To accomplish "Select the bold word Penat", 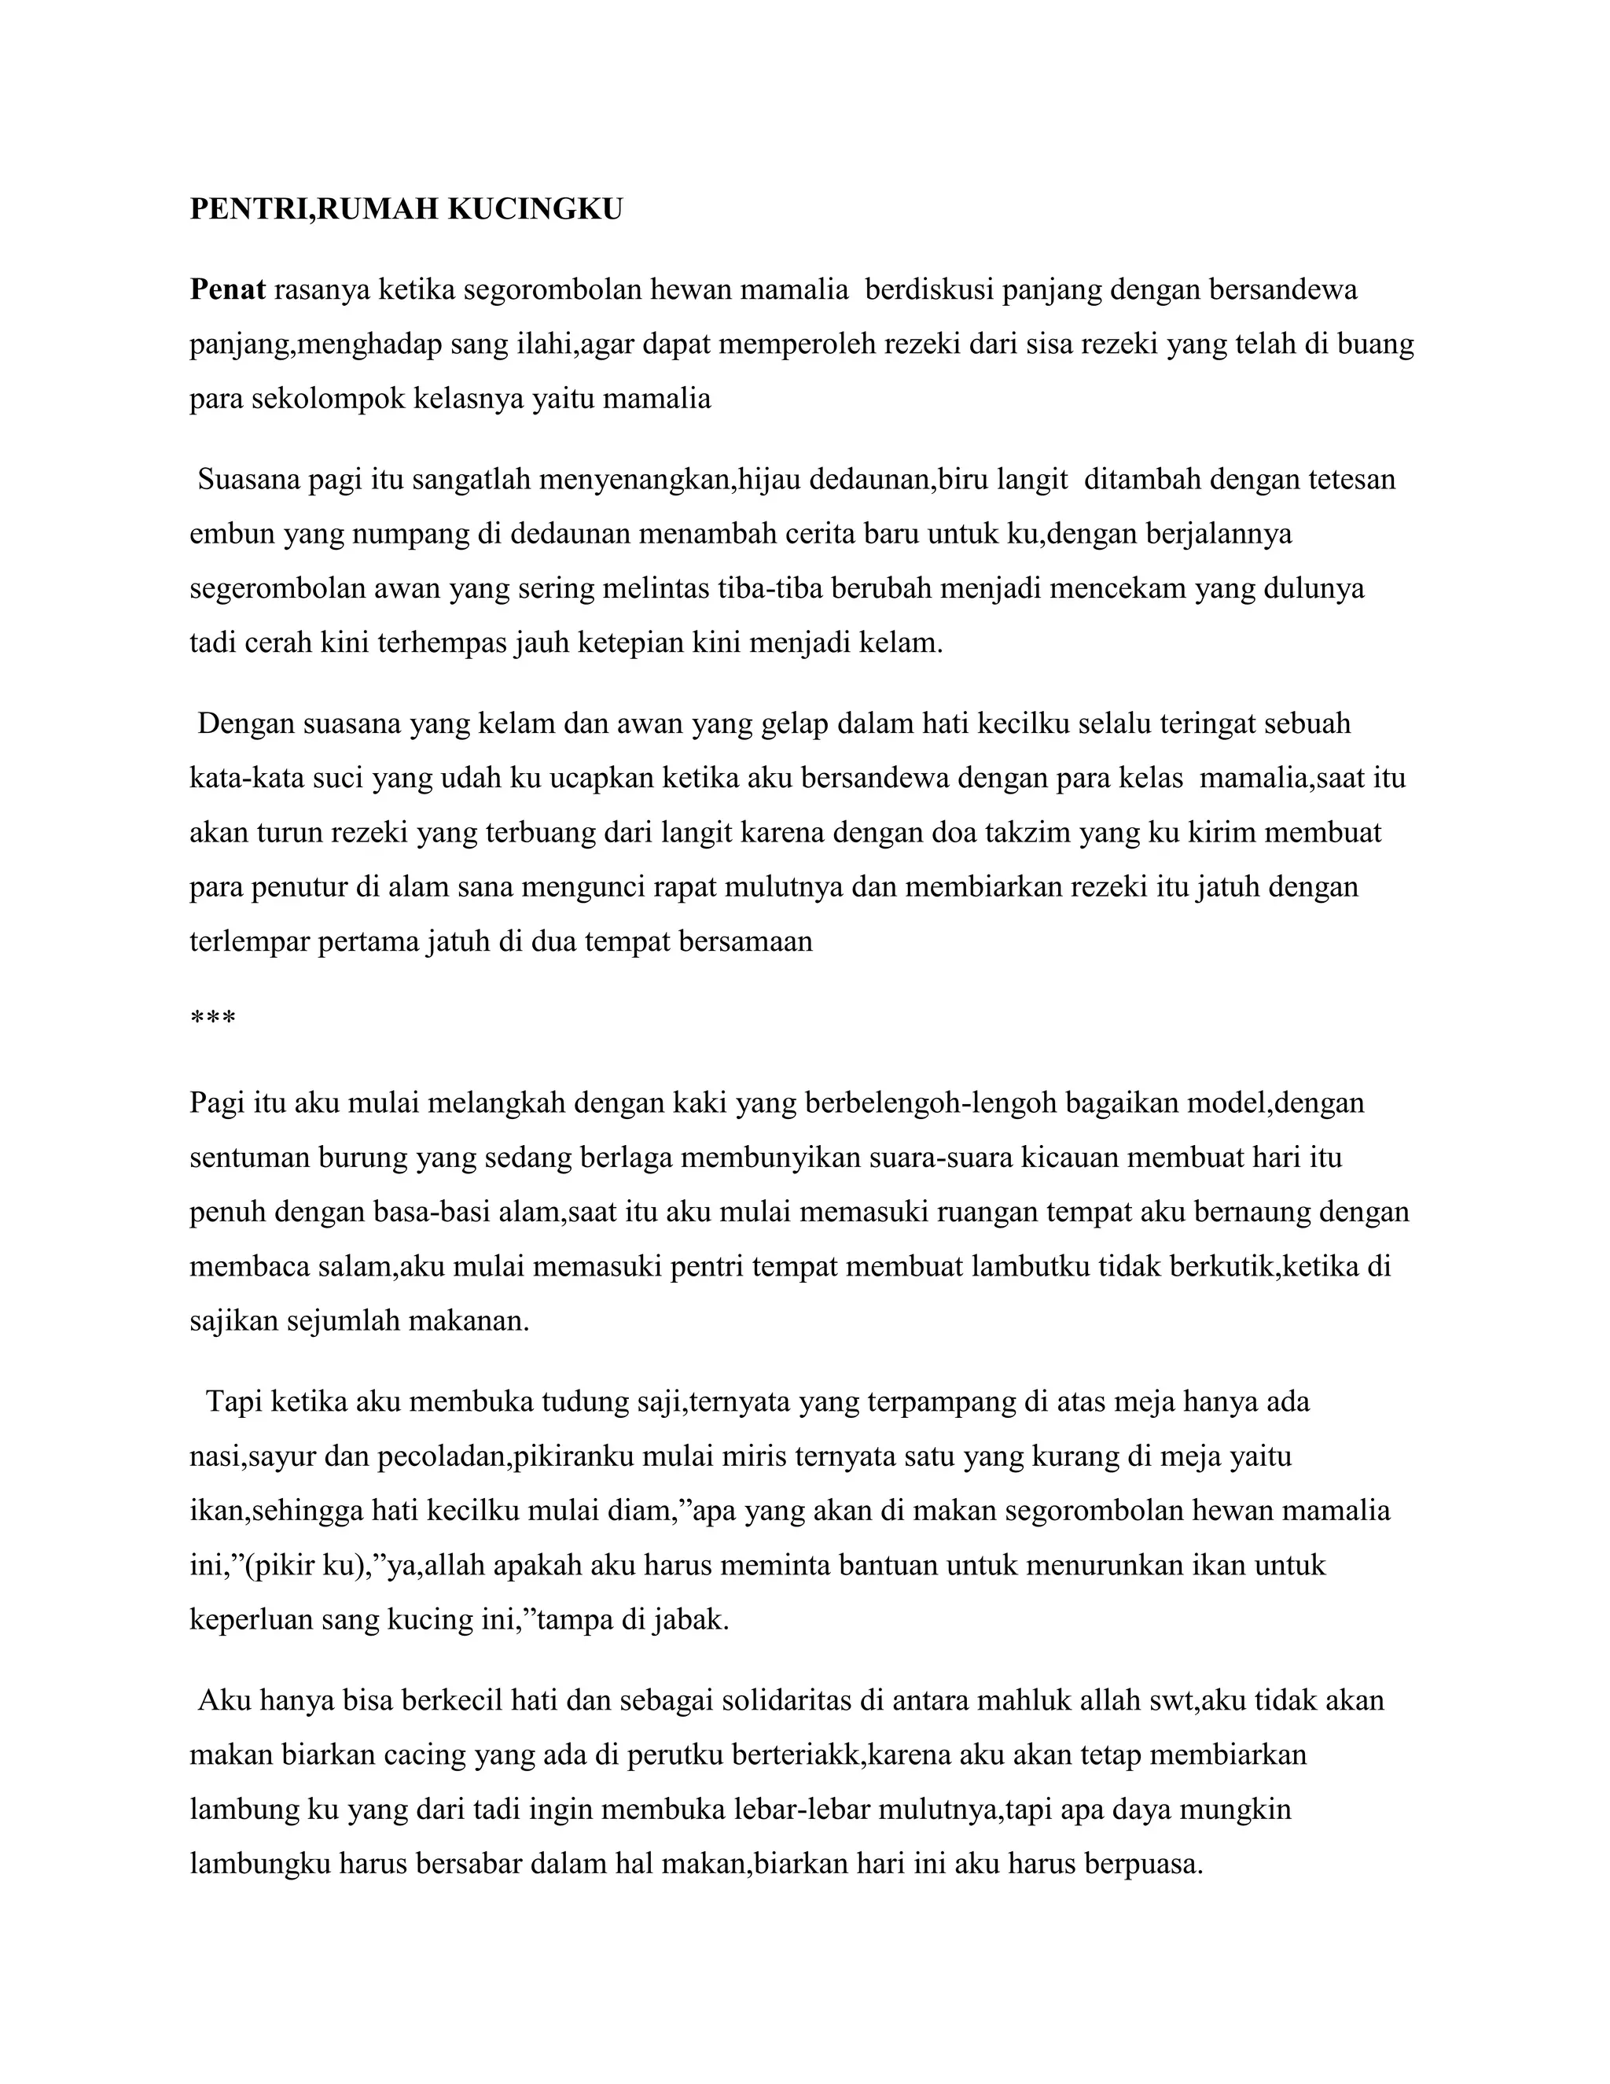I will coord(227,289).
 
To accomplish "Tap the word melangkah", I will coord(496,1103).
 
